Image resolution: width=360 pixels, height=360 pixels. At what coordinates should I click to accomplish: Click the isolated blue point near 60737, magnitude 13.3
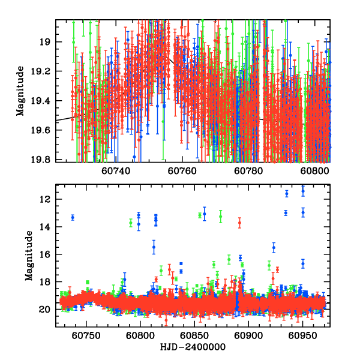[73, 217]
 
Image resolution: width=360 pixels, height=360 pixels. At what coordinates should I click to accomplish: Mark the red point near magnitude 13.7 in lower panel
[239, 223]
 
